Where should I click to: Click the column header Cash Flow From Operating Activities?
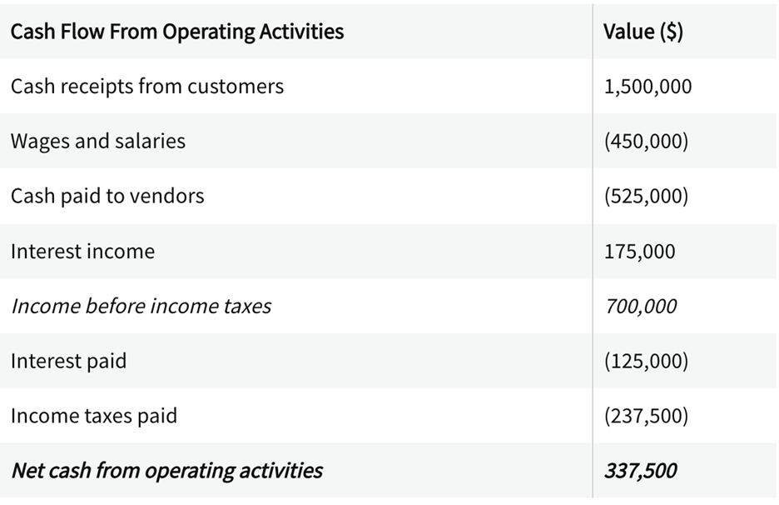177,32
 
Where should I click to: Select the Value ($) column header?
643,32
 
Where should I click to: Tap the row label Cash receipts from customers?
147,87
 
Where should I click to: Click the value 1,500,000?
648,87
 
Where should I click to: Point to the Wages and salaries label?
98,141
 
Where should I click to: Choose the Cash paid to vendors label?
107,196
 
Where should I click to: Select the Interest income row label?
82,251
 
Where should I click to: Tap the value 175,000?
639,251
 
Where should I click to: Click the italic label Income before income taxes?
141,306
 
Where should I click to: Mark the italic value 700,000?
640,306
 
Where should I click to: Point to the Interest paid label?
68,361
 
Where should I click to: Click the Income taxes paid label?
94,415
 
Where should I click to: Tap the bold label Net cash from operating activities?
166,470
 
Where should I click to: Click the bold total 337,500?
640,470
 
